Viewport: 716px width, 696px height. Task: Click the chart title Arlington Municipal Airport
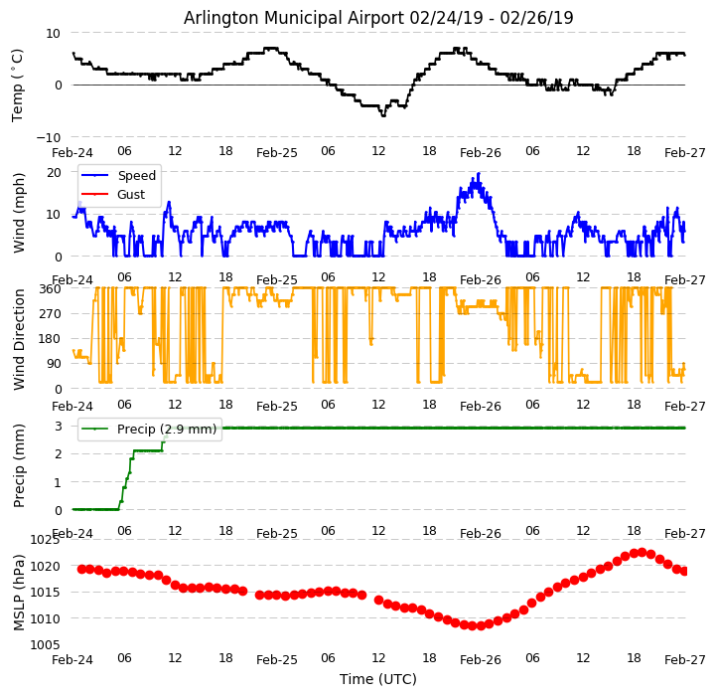coord(378,18)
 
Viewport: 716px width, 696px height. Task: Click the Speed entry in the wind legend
coord(136,176)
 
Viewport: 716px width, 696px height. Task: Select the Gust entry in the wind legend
coord(130,194)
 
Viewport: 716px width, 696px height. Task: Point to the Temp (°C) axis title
coord(18,85)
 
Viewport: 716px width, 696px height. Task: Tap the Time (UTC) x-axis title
coord(378,679)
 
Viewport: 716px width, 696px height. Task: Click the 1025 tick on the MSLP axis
coord(45,540)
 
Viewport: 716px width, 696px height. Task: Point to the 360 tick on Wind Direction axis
coord(50,288)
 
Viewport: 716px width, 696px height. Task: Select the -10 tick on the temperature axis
coord(49,137)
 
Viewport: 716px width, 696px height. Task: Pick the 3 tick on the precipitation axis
coord(58,426)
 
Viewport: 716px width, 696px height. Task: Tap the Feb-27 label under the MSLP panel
coord(684,659)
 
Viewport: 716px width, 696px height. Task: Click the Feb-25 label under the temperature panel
coord(277,153)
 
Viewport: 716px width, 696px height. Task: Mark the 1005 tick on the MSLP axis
coord(45,645)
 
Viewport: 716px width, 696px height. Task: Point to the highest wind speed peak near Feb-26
coord(479,174)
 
